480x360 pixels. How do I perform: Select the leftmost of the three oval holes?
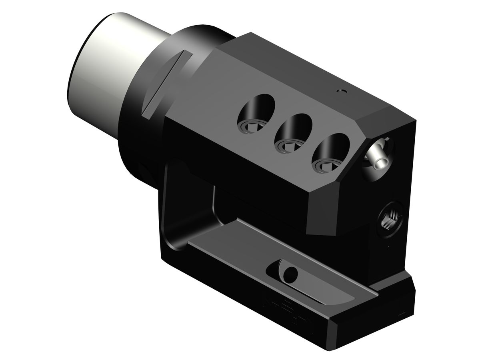tap(256, 114)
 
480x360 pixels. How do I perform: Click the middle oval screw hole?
tap(294, 132)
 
